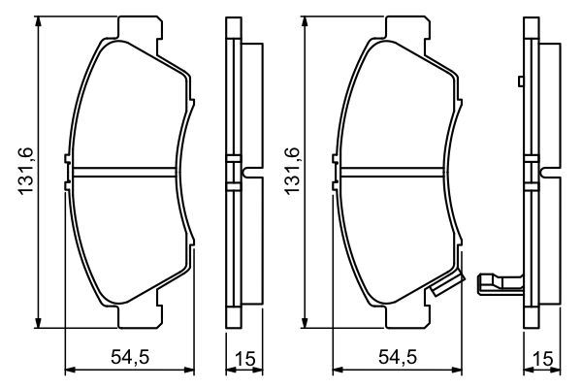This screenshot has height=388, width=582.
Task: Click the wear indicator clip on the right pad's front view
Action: (447, 284)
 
